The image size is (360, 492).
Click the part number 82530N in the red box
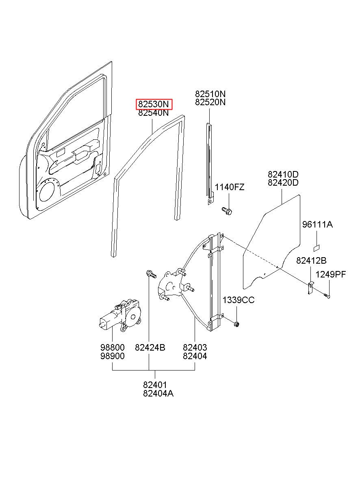[x=154, y=104]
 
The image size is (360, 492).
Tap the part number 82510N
[x=210, y=94]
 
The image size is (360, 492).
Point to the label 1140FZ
[x=230, y=187]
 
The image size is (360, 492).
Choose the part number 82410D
[x=283, y=174]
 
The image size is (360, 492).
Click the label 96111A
[x=317, y=224]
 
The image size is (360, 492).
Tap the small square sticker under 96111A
[x=317, y=247]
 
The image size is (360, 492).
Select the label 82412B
[x=311, y=261]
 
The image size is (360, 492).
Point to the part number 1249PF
[x=331, y=275]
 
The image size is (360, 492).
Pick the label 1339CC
[x=238, y=300]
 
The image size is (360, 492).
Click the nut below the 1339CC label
[x=236, y=323]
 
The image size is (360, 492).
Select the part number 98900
[x=112, y=356]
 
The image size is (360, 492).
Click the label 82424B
[x=150, y=348]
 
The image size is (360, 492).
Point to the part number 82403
[x=195, y=348]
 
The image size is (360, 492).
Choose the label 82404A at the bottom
[x=158, y=393]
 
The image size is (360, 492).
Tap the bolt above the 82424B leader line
[x=150, y=275]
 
